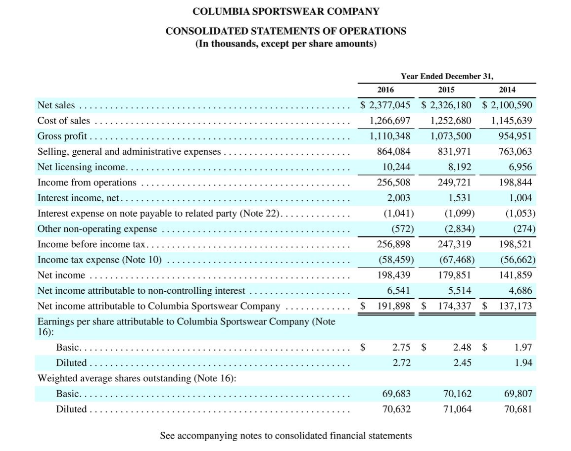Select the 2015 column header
coord(446,90)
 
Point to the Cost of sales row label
coord(64,121)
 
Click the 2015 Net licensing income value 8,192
coord(457,167)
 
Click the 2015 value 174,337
coord(454,306)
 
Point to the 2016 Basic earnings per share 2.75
coord(401,348)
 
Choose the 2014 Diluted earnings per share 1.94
coord(523,363)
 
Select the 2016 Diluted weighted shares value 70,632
coord(396,409)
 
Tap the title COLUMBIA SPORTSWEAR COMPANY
coord(286,11)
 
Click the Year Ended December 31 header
coord(447,76)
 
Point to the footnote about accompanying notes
coord(285,436)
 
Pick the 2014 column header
coord(507,90)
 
